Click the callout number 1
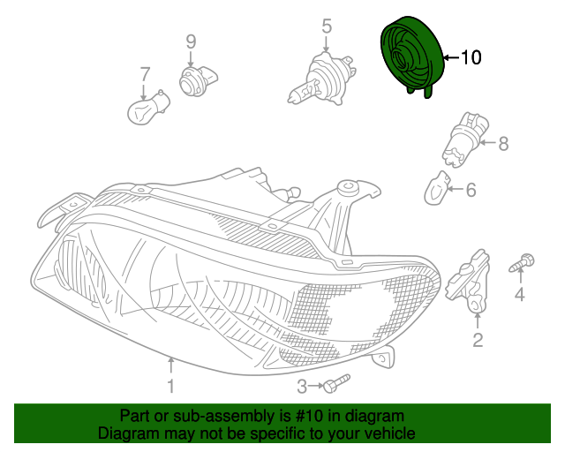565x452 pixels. (x=170, y=386)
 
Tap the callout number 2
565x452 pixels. (x=478, y=340)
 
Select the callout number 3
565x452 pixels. (x=302, y=386)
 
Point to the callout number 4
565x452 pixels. (x=520, y=295)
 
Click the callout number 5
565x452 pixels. (x=327, y=26)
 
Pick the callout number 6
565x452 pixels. (x=471, y=189)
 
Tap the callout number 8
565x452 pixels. (x=503, y=143)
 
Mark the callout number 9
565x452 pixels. (x=191, y=41)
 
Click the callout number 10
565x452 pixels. (x=471, y=58)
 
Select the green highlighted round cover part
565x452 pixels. (x=411, y=58)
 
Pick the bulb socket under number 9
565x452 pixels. (x=192, y=79)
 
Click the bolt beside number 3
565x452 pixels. (x=335, y=384)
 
